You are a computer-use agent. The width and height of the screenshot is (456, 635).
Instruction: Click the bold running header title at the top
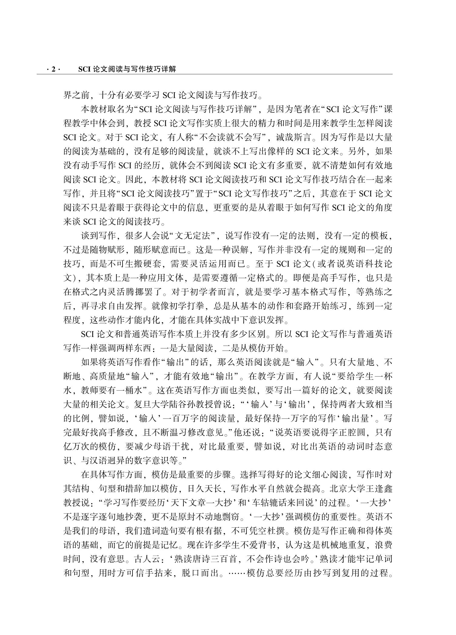pyautogui.click(x=127, y=69)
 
